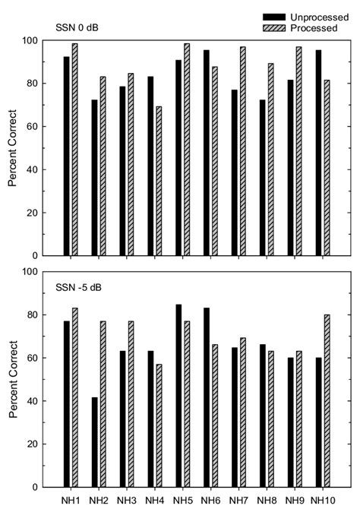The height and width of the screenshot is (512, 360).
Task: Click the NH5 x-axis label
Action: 182,501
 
